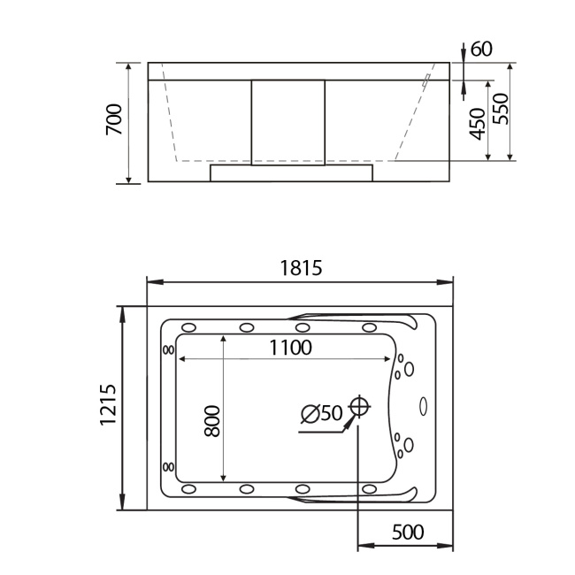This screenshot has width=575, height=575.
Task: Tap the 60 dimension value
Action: tap(481, 49)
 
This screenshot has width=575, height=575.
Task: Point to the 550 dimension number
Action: tap(501, 109)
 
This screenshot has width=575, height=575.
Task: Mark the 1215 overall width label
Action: tap(108, 406)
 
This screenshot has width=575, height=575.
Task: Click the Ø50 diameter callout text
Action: tap(321, 413)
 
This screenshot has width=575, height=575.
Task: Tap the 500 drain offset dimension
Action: tap(406, 532)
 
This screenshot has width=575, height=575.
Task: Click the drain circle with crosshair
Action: tap(358, 407)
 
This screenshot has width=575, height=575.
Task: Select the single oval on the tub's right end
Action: tap(422, 407)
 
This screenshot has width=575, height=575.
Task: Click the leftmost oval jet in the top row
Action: tap(188, 328)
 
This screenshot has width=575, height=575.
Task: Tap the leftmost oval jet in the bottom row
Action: tap(188, 488)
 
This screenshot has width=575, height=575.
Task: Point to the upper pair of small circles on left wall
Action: tap(168, 349)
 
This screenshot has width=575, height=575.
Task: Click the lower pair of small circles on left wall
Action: tap(168, 467)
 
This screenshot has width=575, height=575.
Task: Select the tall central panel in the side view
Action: tap(288, 121)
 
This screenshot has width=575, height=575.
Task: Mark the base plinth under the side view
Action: tap(291, 172)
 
